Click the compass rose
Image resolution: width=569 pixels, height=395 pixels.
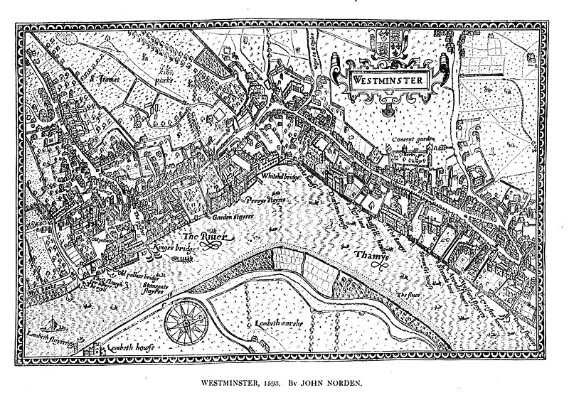pos(184,324)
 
